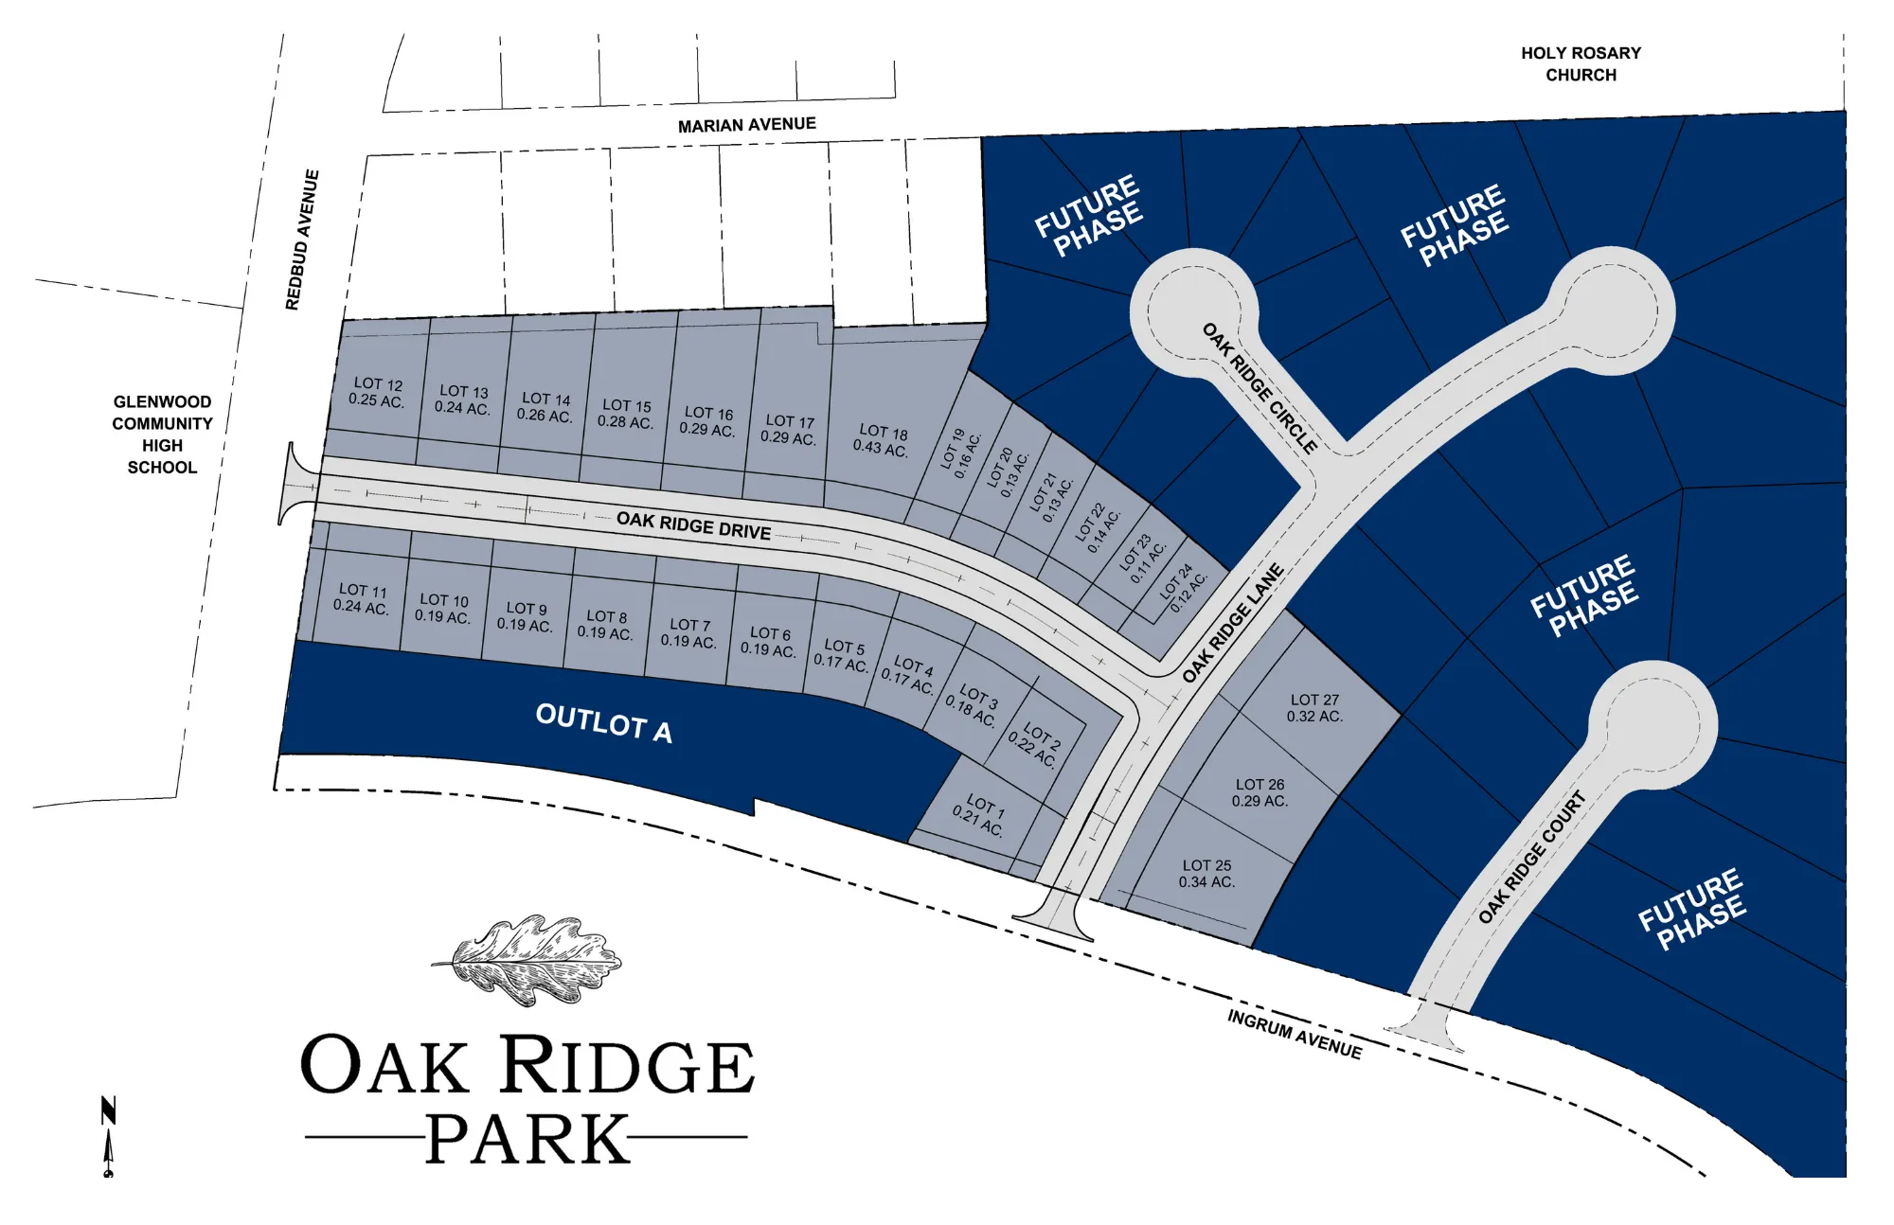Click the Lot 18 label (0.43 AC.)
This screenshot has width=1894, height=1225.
pos(882,440)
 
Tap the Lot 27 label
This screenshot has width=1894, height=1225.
pos(1314,708)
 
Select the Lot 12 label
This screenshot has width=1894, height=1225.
pos(377,392)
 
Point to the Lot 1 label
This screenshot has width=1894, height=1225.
pos(980,815)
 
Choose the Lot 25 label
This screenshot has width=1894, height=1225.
pos(1206,874)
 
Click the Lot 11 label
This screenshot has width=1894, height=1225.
pos(362,598)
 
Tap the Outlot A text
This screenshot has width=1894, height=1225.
pos(604,723)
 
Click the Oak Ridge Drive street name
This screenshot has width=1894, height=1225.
pos(693,525)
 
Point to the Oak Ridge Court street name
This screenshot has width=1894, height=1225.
pos(1531,858)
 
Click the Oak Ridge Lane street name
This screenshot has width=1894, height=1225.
pos(1233,622)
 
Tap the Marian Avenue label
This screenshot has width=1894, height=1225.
pos(746,125)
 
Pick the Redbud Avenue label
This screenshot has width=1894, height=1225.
pos(302,240)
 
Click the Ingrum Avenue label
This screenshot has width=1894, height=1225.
pos(1295,1034)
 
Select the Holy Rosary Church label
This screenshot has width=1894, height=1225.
pos(1581,64)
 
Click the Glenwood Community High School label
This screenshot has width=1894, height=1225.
pos(162,435)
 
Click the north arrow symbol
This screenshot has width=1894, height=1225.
pos(109,1135)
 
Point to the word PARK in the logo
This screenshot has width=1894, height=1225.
pos(527,1139)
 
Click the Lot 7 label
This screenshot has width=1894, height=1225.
pos(689,633)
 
